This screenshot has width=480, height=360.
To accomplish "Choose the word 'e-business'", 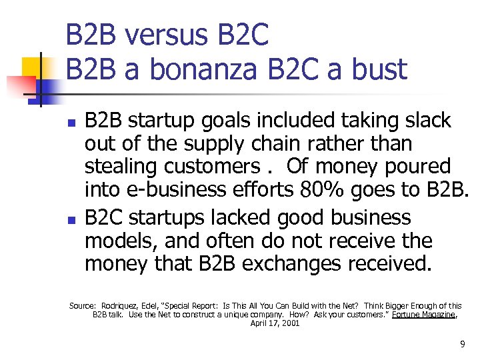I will pyautogui.click(x=176, y=190).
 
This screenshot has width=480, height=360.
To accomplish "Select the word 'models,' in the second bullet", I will pyautogui.click(x=125, y=241).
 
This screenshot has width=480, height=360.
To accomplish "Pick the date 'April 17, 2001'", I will pyautogui.click(x=275, y=323).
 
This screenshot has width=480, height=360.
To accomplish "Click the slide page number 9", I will pyautogui.click(x=462, y=344).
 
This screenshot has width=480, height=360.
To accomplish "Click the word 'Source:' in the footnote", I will pyautogui.click(x=83, y=306).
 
